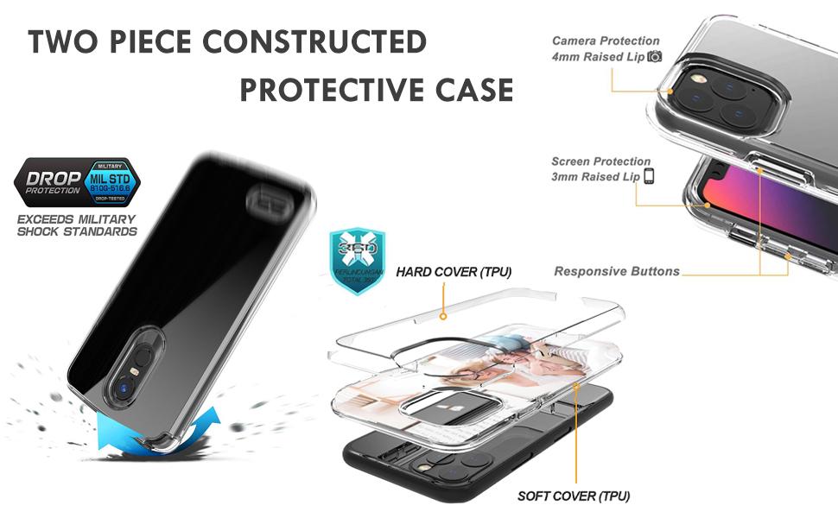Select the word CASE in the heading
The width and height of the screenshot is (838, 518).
pyautogui.click(x=473, y=89)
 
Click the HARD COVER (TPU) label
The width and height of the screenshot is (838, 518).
pyautogui.click(x=454, y=272)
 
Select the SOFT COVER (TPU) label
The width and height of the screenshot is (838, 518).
pyautogui.click(x=573, y=496)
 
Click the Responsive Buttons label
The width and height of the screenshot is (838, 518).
pyautogui.click(x=617, y=271)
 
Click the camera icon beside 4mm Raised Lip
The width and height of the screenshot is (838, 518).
pyautogui.click(x=655, y=57)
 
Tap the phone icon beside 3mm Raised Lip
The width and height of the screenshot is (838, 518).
pyautogui.click(x=649, y=177)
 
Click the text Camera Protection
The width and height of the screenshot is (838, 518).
pyautogui.click(x=606, y=41)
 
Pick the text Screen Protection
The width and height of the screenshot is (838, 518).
pyautogui.click(x=601, y=161)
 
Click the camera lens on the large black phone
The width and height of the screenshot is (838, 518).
pyautogui.click(x=131, y=389)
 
